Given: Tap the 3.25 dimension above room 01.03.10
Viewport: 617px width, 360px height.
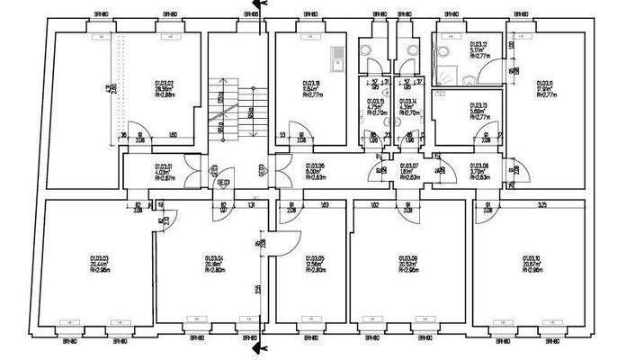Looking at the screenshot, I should [542, 205].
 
